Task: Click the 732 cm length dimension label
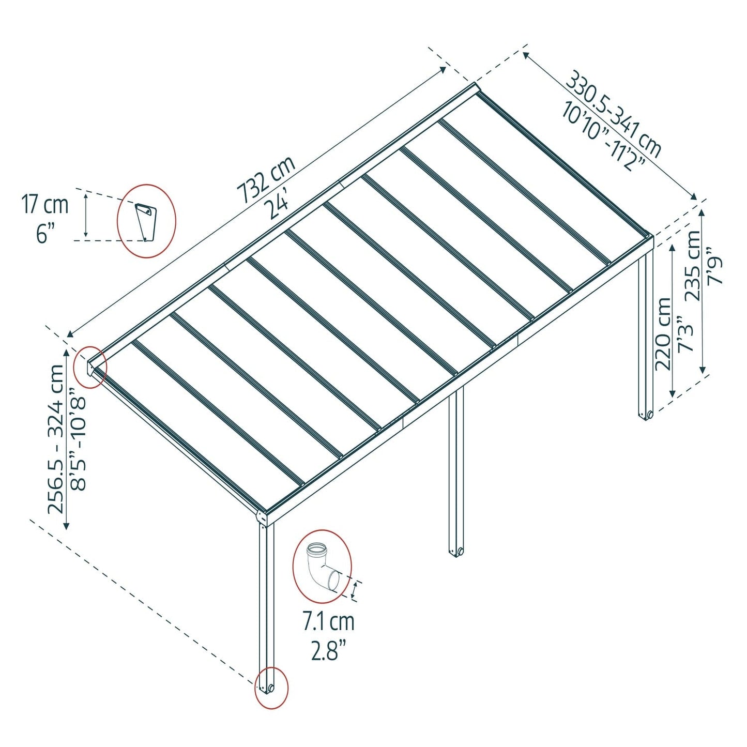coord(266,179)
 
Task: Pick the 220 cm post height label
coord(663,334)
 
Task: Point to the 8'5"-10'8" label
coord(79,439)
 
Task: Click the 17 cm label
coord(45,205)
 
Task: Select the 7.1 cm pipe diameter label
coord(328,621)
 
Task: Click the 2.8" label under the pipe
coord(328,650)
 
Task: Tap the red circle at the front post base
coord(271,688)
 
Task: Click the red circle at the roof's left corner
coord(90,367)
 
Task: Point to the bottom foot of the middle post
coord(456,552)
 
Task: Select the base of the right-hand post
coord(646,415)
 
